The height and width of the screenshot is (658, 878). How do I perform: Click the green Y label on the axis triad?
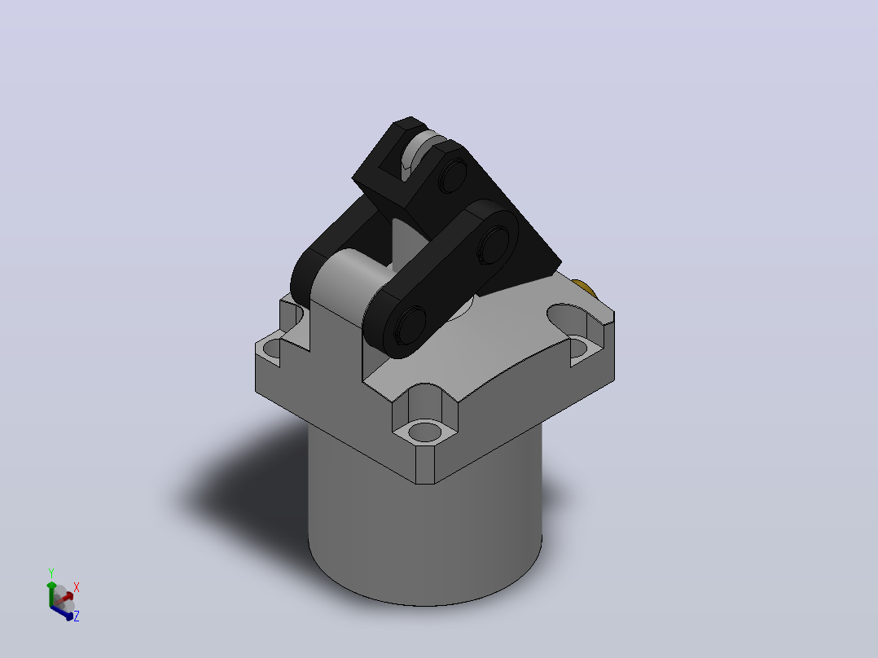point(51,573)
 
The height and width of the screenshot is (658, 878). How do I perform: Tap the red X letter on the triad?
point(77,587)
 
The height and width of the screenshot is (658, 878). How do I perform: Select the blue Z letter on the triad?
point(77,616)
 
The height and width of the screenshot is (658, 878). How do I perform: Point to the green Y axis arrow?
point(51,594)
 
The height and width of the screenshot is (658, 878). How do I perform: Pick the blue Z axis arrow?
point(62,612)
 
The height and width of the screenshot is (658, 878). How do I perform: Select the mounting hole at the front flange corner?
point(424,431)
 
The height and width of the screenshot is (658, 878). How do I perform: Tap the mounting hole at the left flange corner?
point(272,348)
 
